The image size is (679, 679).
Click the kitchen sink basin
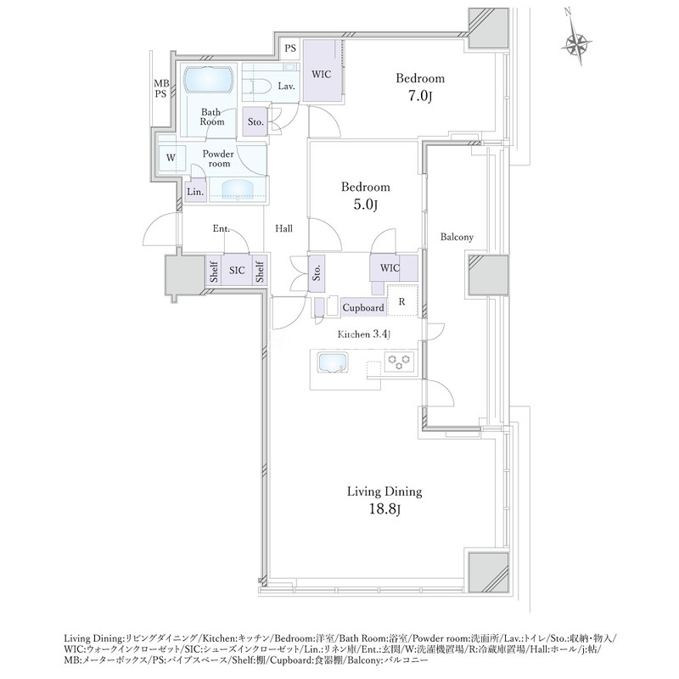click(333, 362)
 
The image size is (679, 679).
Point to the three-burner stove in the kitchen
click(399, 362)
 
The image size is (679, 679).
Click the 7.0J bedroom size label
click(419, 96)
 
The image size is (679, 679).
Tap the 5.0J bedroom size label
click(366, 205)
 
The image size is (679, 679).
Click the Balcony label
click(457, 237)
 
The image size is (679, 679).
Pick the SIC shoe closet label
click(237, 270)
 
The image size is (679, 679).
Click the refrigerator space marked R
click(402, 300)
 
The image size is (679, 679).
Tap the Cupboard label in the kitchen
click(363, 307)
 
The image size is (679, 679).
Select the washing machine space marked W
click(171, 158)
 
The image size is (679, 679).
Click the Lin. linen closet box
click(196, 191)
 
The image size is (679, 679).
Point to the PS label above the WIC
click(290, 48)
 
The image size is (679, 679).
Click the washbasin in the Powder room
click(238, 189)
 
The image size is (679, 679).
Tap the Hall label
click(283, 228)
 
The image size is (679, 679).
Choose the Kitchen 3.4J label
click(365, 334)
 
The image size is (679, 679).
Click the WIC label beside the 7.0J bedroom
click(322, 74)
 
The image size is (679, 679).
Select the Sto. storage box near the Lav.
click(255, 121)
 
